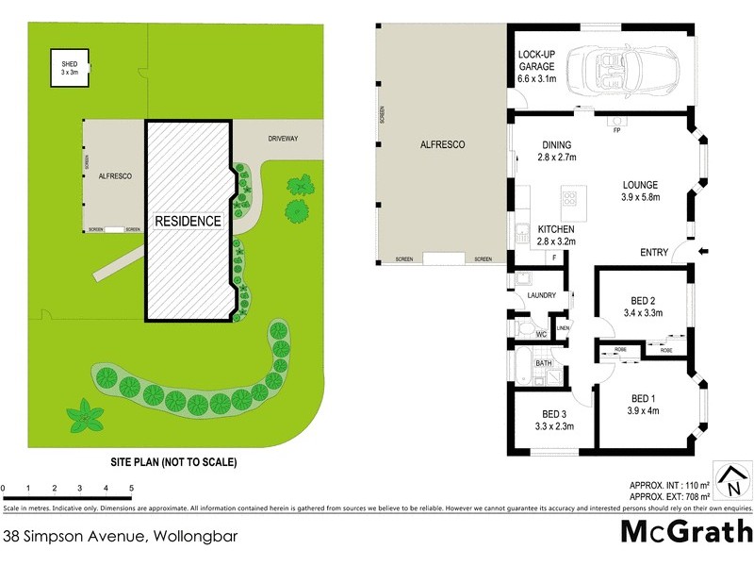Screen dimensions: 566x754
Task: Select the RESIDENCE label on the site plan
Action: [188, 222]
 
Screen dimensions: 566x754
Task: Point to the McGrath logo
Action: [686, 531]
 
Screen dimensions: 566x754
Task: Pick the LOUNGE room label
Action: [646, 185]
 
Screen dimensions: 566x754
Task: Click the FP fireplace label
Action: [617, 130]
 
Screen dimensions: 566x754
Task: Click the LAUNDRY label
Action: [541, 296]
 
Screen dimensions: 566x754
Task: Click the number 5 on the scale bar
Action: [131, 488]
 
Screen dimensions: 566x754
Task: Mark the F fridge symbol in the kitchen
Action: [554, 257]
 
